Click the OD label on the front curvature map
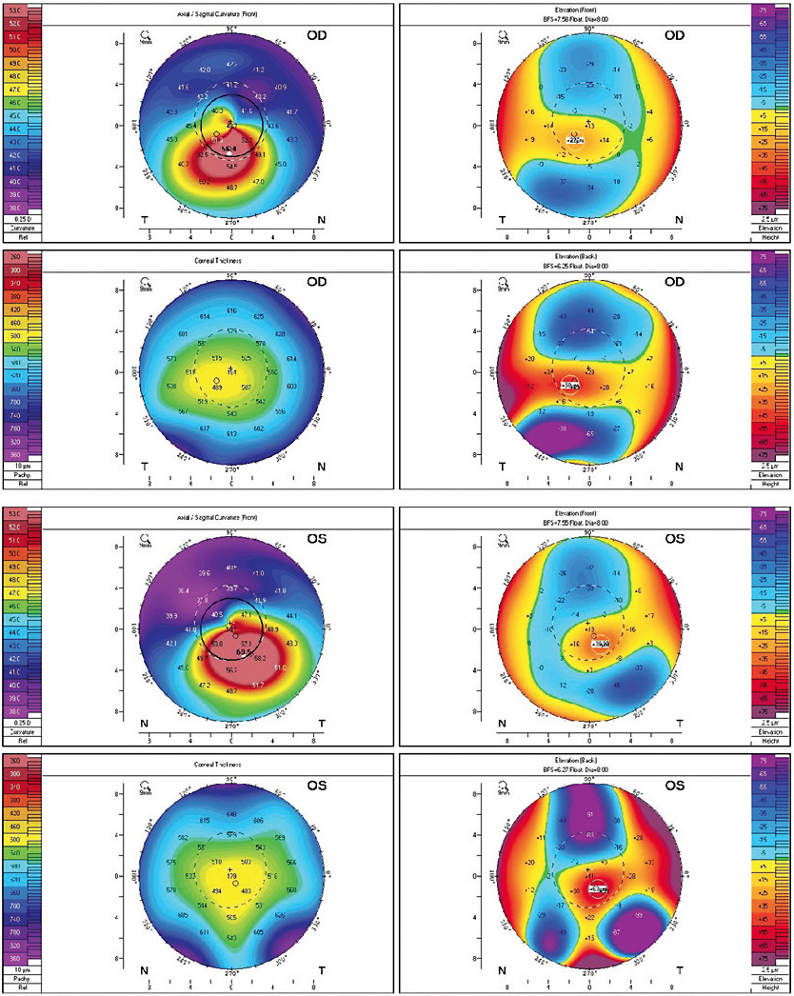pyautogui.click(x=319, y=35)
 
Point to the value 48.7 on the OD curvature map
pyautogui.click(x=232, y=188)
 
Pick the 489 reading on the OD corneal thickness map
pyautogui.click(x=217, y=388)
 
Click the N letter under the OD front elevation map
pyautogui.click(x=677, y=219)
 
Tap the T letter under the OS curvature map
pyautogui.click(x=319, y=723)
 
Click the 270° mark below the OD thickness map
pyautogui.click(x=231, y=469)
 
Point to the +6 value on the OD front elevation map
pyautogui.click(x=649, y=140)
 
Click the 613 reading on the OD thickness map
pyautogui.click(x=231, y=433)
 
